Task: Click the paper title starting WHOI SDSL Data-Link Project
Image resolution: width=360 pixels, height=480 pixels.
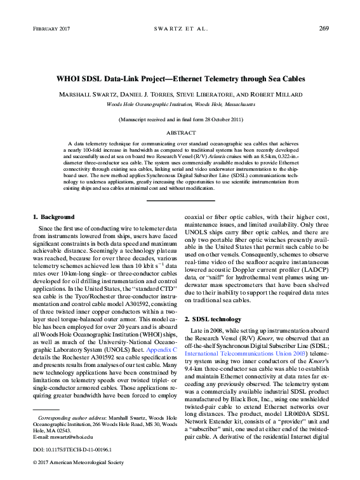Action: [180, 79]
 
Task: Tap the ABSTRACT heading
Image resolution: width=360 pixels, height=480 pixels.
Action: [180, 134]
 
